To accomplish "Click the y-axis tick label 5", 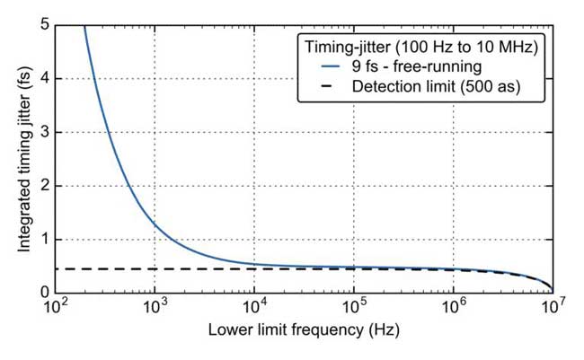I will click(x=44, y=25).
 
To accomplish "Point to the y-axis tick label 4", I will click(x=44, y=79).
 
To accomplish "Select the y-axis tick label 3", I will click(x=44, y=133).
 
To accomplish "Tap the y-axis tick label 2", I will click(x=44, y=187).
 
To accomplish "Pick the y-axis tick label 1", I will click(x=44, y=240).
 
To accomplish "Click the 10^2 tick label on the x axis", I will click(x=56, y=308).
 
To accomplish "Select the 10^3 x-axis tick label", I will click(x=155, y=308).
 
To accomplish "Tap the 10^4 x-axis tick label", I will click(x=254, y=308).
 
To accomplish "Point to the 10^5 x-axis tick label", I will click(x=354, y=308).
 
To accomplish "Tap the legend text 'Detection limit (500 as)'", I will click(x=437, y=87).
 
